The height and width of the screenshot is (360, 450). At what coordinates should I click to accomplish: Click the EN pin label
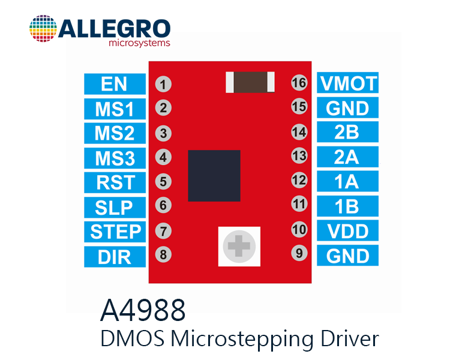[115, 84]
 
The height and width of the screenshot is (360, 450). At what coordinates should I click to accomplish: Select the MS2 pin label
[115, 133]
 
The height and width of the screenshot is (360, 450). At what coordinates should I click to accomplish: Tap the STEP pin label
[115, 232]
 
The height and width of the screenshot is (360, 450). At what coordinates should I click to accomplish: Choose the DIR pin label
[115, 257]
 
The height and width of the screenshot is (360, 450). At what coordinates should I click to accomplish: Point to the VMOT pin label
[347, 83]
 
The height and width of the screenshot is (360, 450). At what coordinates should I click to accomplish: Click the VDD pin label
[347, 230]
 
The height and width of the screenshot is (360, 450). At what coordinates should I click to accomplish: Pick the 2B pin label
[347, 132]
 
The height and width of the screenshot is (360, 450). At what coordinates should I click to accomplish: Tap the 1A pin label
[347, 181]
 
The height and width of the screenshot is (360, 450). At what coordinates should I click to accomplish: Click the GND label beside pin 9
[347, 256]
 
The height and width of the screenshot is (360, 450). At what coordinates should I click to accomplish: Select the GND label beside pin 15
[347, 107]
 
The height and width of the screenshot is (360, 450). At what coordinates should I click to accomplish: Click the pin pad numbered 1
[163, 85]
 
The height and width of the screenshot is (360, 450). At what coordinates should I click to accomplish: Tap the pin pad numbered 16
[299, 83]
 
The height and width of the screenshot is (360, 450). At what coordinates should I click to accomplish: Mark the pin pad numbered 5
[163, 181]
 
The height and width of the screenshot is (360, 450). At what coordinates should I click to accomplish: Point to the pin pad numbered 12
[299, 180]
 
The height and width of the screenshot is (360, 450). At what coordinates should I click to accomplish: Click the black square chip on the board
[214, 176]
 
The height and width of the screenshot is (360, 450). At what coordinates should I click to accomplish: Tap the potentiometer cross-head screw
[239, 246]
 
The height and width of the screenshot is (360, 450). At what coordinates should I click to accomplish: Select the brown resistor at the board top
[250, 82]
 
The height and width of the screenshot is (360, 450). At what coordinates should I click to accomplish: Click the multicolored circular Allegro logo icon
[43, 28]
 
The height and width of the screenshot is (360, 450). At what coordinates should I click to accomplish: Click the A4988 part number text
[143, 310]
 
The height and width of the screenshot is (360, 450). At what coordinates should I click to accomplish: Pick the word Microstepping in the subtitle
[242, 339]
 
